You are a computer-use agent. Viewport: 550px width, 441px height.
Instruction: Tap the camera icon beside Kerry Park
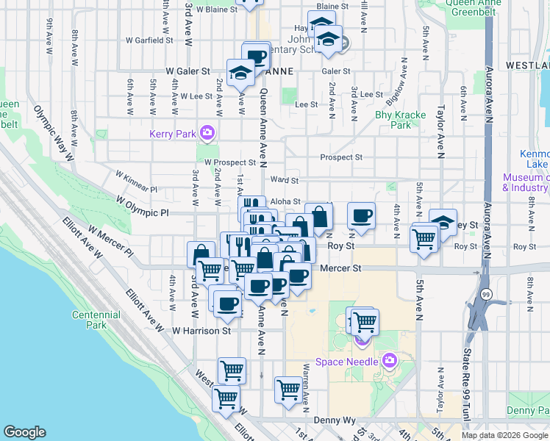pos(208,132)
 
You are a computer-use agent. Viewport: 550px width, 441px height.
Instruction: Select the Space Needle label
pos(347,361)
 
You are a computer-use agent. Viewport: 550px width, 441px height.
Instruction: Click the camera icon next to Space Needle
pos(389,361)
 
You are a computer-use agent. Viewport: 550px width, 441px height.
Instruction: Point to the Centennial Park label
pos(96,320)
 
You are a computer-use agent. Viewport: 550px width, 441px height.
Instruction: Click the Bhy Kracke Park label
pos(393,120)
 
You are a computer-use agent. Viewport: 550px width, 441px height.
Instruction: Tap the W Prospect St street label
pos(230,162)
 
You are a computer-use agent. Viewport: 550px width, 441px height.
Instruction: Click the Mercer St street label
pos(340,269)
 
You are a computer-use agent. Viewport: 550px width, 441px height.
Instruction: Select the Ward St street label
pos(284,179)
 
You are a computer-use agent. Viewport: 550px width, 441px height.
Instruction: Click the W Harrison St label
pos(201,331)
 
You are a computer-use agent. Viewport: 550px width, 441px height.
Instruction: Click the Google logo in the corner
pos(24,432)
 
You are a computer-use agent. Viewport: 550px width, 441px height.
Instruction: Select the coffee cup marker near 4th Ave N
pos(361,215)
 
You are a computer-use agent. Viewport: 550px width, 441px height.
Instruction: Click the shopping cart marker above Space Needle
pos(364,320)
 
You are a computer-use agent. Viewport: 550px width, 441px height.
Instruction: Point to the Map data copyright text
pos(504,435)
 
